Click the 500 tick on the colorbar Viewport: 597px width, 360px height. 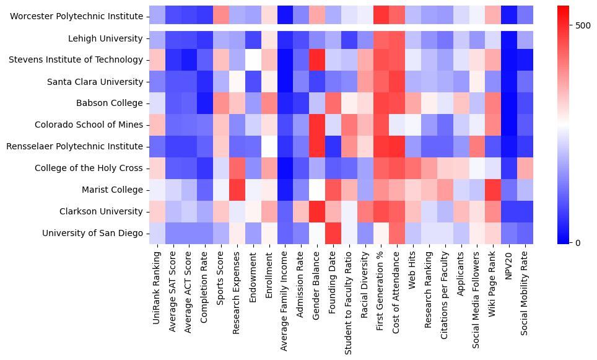(583, 25)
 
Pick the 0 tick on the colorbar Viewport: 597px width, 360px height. (578, 242)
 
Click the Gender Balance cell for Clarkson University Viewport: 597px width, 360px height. (316, 211)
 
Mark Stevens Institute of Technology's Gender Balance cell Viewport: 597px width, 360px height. (316, 60)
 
